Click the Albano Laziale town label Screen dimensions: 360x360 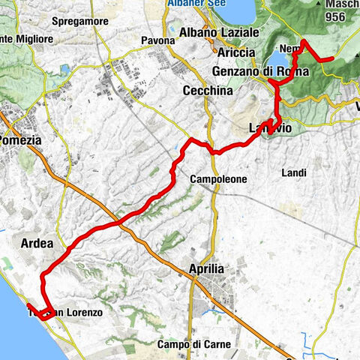[220, 33]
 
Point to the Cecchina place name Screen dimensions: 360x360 [207, 90]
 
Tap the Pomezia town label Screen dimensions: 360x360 [25, 140]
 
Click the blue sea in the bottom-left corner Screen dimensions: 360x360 [9, 330]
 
